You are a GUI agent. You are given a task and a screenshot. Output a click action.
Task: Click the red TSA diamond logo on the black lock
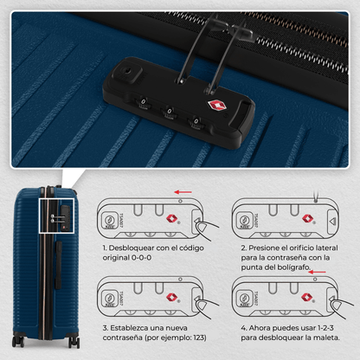point(217,106)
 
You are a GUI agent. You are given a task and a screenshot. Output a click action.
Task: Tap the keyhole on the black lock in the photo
point(126,71)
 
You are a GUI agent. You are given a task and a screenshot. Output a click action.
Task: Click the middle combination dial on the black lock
point(169,112)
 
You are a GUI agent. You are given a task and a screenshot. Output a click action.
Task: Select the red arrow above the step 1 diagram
point(183,192)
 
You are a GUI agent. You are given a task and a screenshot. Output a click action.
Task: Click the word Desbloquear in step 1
point(130,247)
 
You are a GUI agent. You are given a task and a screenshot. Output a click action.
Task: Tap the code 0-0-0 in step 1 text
point(141,258)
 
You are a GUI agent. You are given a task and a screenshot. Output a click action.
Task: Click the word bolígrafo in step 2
point(293,267)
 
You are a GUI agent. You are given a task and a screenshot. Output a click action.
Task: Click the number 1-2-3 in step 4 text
point(325,328)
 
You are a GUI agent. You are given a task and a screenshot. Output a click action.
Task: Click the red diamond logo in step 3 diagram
point(171,297)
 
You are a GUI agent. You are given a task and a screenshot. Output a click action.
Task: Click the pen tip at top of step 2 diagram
point(316,200)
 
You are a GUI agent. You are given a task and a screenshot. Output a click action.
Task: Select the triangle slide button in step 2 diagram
point(332,222)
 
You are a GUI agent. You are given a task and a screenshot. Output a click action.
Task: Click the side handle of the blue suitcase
point(59,266)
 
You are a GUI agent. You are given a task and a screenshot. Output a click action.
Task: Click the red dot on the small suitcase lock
point(64,228)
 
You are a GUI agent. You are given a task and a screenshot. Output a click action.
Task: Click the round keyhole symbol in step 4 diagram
point(244,297)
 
